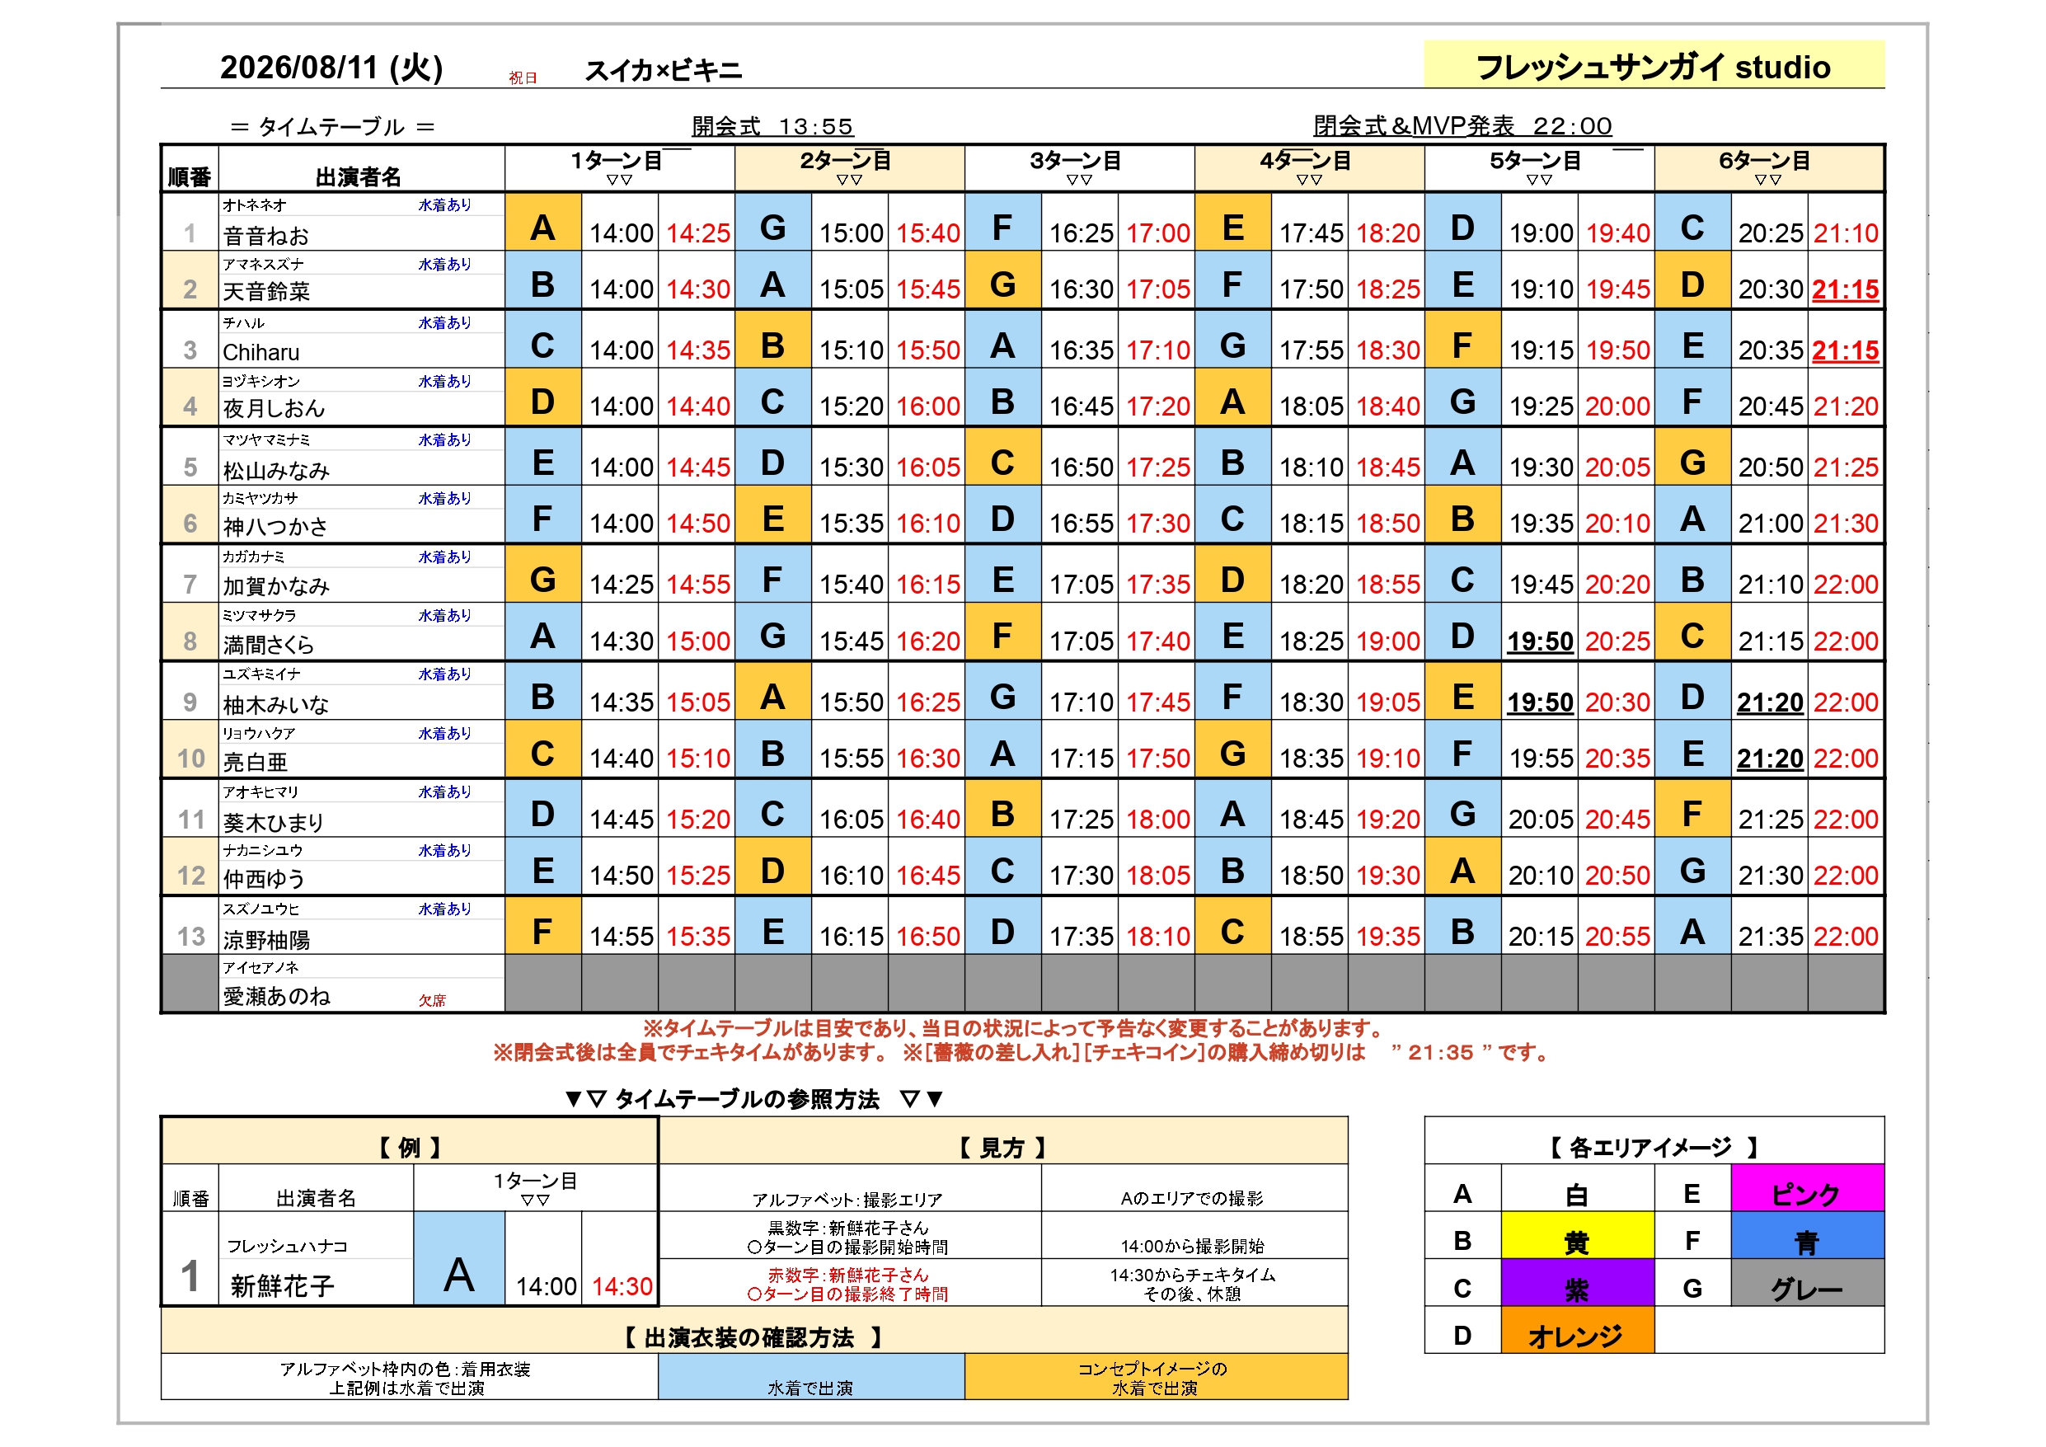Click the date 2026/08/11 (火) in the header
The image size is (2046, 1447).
(x=331, y=68)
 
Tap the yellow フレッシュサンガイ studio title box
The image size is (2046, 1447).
(x=1654, y=64)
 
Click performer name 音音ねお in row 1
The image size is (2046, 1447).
(x=265, y=235)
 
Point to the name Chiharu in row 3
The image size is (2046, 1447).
(x=261, y=352)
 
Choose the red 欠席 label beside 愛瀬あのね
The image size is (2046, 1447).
(x=432, y=1000)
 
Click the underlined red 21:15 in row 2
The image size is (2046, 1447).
(x=1846, y=289)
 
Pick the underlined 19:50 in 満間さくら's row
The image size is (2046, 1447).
(x=1540, y=641)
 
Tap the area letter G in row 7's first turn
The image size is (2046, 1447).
(x=542, y=580)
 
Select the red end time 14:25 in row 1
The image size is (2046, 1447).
(x=697, y=233)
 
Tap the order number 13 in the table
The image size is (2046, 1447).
(x=190, y=936)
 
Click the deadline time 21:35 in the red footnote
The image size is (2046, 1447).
(x=1441, y=1052)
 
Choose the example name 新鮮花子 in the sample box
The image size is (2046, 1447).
(x=282, y=1285)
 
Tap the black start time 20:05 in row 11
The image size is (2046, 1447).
(x=1541, y=820)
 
